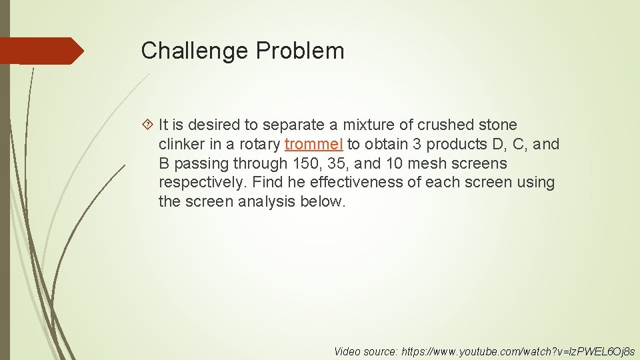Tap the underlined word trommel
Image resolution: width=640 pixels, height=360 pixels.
coord(313,144)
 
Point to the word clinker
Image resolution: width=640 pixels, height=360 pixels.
coord(181,144)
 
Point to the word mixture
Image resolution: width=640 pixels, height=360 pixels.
coord(368,125)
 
